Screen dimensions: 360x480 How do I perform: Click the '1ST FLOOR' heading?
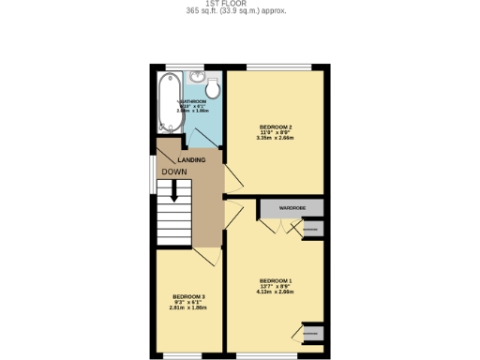tap(239, 3)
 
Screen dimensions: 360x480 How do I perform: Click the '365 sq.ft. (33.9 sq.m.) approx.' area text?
tap(239, 11)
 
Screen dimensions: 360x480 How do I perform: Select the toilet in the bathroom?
tap(214, 88)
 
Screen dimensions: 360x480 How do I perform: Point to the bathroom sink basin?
tap(196, 78)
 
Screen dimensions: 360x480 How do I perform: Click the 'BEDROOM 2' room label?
tap(277, 127)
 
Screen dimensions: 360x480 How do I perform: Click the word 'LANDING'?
tap(191, 160)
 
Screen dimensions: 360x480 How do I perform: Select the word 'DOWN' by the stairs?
tap(173, 172)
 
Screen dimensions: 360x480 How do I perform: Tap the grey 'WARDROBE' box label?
tap(292, 207)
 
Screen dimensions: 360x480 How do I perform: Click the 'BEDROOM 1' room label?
tap(277, 281)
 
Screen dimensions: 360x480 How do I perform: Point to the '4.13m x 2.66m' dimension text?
tap(277, 292)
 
